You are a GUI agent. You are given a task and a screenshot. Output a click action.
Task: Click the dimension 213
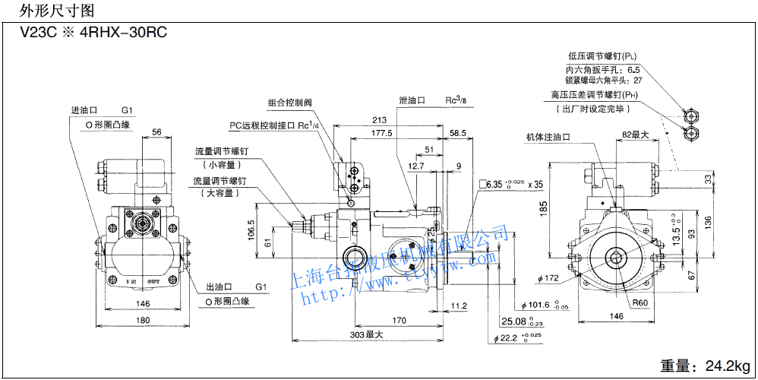379,120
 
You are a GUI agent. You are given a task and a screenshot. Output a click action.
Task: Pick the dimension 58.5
458,134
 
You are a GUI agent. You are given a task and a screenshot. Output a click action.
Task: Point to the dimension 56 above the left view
156,132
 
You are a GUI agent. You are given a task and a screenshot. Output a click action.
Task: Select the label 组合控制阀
290,103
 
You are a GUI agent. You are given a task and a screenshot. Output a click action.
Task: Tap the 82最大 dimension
635,135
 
